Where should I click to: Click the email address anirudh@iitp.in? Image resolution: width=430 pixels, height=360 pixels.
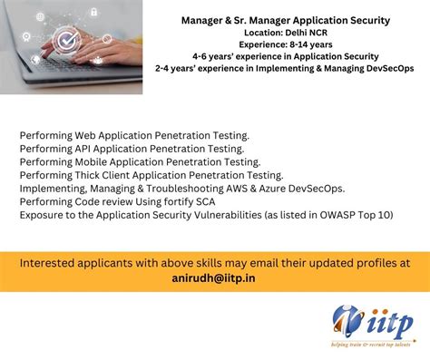[x=213, y=278]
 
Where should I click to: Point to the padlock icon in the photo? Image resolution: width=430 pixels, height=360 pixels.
[x=94, y=12]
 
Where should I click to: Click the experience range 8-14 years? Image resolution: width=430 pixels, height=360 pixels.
[x=311, y=44]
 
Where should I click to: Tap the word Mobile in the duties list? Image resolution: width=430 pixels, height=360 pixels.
[x=91, y=162]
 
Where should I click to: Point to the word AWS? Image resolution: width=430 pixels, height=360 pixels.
[x=237, y=189]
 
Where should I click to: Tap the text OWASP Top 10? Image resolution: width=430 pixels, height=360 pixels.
[x=355, y=215]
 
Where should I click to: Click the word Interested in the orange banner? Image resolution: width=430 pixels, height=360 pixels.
[x=47, y=263]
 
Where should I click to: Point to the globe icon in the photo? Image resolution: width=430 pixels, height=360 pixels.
[x=40, y=17]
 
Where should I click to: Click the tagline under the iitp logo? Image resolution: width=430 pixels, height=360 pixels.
[x=371, y=345]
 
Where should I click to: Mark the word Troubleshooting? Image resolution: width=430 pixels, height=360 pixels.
[x=185, y=189]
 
